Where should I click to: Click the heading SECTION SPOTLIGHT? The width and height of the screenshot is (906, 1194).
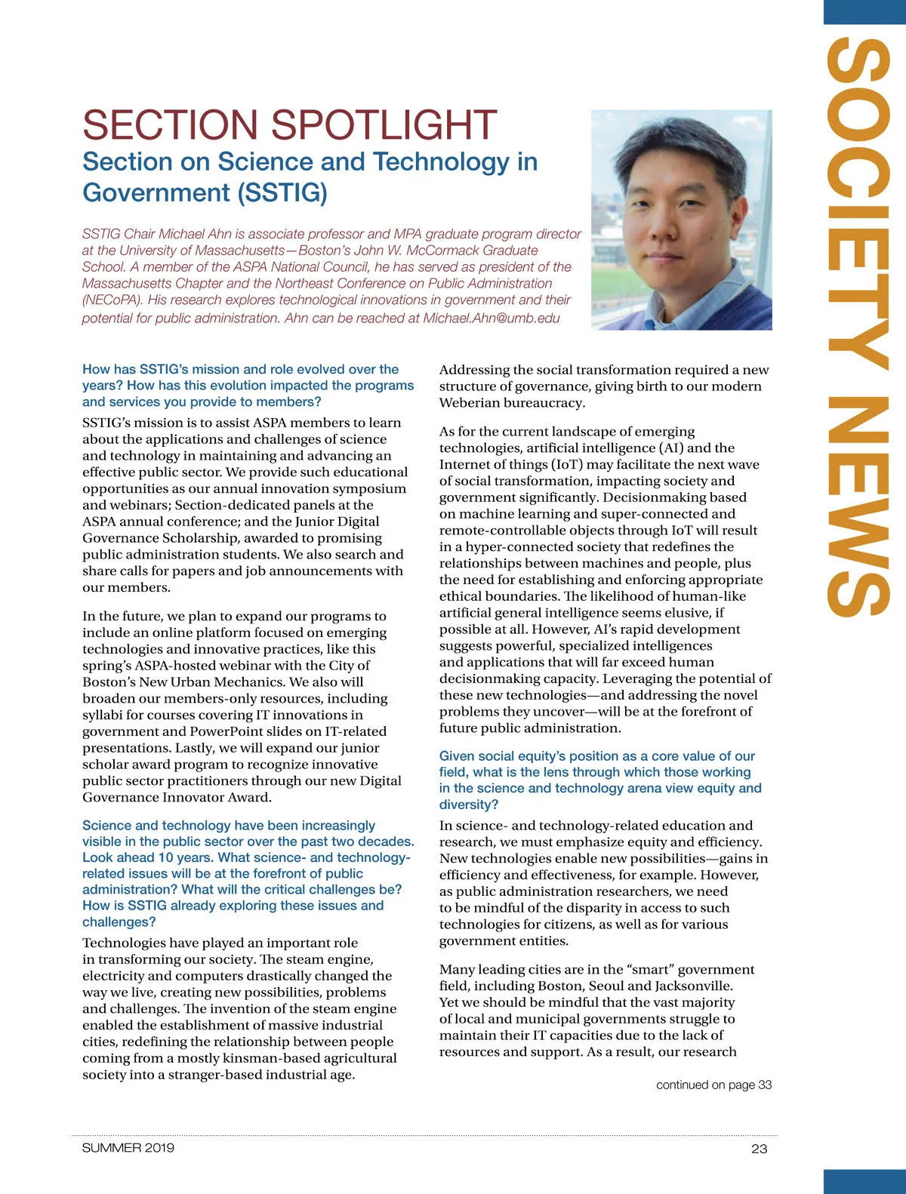(289, 125)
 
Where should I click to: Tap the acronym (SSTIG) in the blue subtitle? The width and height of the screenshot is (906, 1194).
(282, 193)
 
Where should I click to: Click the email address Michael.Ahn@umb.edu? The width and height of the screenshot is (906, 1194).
(492, 319)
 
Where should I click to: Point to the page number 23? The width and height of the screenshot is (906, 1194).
(759, 1149)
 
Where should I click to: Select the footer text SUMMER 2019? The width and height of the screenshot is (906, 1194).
(128, 1148)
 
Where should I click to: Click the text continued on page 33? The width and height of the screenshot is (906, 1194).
(713, 1085)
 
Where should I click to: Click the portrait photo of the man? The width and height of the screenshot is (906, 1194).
(681, 220)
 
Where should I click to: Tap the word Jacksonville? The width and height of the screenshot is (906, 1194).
(694, 986)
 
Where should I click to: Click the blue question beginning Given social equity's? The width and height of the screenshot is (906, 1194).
(596, 780)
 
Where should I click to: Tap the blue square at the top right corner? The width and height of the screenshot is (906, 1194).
(864, 11)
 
